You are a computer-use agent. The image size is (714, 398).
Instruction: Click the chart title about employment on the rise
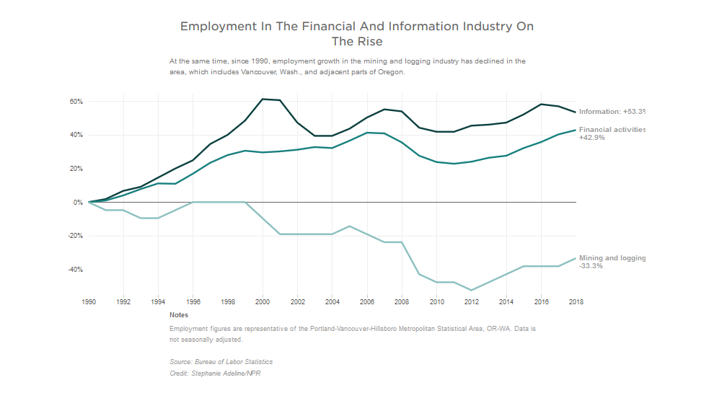[357, 34]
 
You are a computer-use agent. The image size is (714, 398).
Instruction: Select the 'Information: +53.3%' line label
[612, 112]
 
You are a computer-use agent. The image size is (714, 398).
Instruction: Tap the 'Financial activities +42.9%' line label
[612, 133]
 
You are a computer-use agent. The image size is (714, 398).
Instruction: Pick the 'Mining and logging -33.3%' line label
[612, 262]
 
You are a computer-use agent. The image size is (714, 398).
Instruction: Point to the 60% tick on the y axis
[76, 102]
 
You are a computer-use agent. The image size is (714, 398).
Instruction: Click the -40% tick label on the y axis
[75, 270]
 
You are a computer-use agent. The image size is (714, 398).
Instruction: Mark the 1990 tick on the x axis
[89, 301]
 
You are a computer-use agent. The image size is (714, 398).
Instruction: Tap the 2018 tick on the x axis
[576, 301]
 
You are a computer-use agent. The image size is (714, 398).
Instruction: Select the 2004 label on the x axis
[332, 301]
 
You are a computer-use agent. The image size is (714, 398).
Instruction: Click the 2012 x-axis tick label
[472, 301]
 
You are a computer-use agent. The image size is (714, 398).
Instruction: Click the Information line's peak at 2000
[263, 99]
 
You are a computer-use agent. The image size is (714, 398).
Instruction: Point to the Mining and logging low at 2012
[472, 290]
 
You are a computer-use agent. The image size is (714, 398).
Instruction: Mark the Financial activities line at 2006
[367, 133]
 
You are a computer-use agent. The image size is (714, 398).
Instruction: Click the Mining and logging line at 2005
[350, 226]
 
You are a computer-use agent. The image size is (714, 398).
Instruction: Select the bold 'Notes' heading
[179, 315]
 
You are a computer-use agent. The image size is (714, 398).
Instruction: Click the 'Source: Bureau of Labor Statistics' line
[221, 361]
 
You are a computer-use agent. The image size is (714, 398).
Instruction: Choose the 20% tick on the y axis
[76, 169]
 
